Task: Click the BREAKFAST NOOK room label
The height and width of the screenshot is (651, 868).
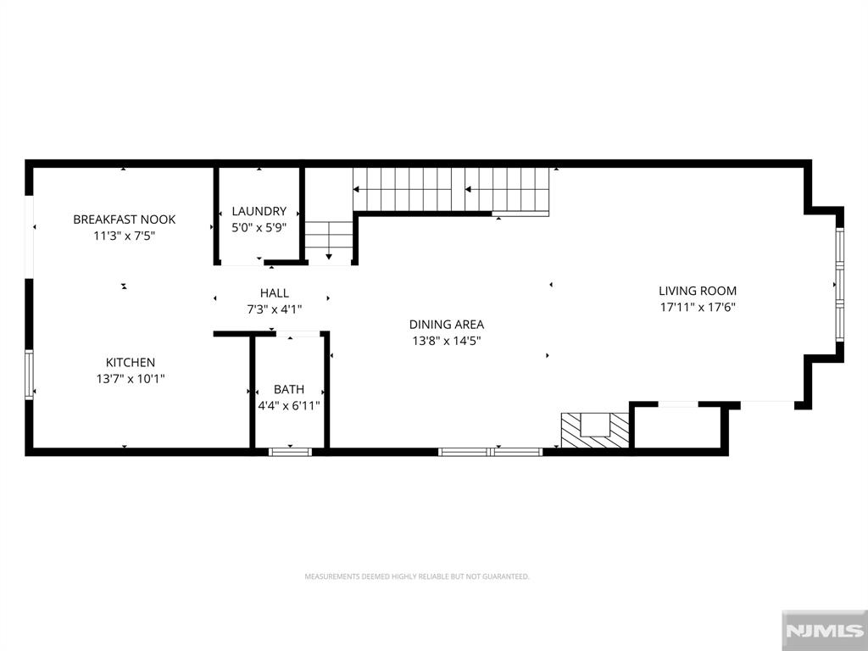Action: (x=124, y=220)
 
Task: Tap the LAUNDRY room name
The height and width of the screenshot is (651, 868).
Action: (x=259, y=211)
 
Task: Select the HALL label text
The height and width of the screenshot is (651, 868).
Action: (x=275, y=292)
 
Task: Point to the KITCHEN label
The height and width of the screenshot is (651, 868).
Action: (x=130, y=363)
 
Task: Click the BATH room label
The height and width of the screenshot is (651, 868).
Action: (x=289, y=389)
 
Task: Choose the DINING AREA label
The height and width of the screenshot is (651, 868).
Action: (x=446, y=325)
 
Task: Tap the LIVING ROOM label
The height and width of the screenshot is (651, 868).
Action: (x=698, y=291)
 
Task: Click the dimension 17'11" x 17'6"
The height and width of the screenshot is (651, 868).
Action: (x=698, y=307)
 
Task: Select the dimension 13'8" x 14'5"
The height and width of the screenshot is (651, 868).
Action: (x=446, y=341)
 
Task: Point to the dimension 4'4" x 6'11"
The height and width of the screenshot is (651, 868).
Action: (x=289, y=406)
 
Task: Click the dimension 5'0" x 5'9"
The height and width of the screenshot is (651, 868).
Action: (x=259, y=227)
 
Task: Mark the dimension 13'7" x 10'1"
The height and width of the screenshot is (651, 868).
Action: (x=130, y=379)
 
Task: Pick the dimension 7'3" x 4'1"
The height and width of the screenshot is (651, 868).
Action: (x=275, y=309)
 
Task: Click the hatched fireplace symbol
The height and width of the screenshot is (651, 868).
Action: (x=595, y=430)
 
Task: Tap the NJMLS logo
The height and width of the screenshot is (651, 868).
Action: (x=825, y=631)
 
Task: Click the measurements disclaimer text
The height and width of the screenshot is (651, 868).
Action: (x=417, y=576)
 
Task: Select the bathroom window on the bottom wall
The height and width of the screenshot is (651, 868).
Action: (x=290, y=452)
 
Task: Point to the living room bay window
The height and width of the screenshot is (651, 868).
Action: (x=840, y=285)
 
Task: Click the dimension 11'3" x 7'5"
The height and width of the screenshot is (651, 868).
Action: (x=124, y=236)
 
